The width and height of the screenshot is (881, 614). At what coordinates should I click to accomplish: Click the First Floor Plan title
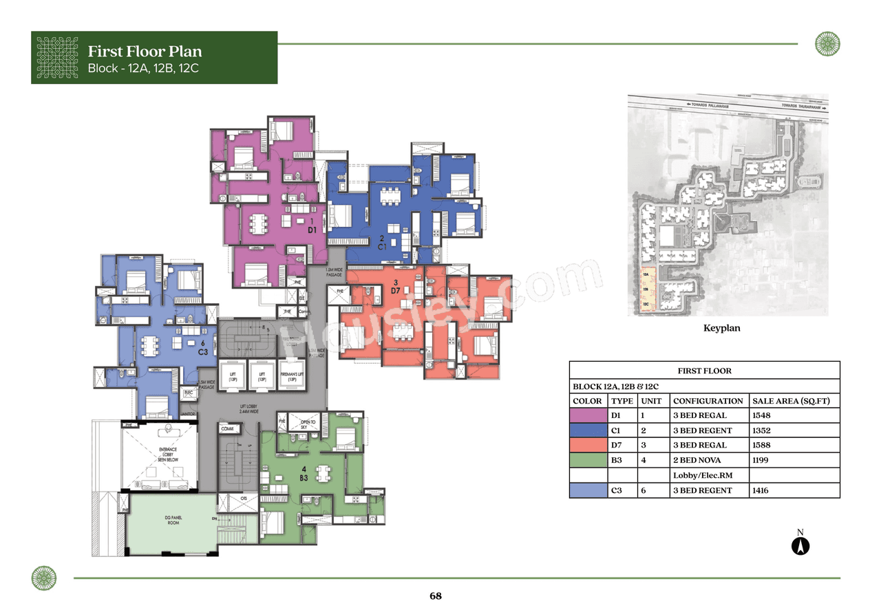pyautogui.click(x=145, y=52)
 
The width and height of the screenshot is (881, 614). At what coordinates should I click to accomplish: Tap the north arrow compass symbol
pyautogui.click(x=800, y=546)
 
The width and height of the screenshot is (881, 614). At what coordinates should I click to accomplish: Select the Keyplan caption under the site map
pyautogui.click(x=721, y=329)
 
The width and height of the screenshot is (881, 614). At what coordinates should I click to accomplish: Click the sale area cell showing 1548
pyautogui.click(x=763, y=415)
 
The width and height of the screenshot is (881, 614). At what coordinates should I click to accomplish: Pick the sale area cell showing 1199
pyautogui.click(x=763, y=461)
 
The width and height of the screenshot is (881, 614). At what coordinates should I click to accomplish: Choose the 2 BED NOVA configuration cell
pyautogui.click(x=697, y=461)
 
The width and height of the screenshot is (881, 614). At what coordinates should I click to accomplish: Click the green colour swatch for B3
pyautogui.click(x=588, y=461)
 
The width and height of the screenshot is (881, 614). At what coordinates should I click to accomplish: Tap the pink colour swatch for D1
pyautogui.click(x=588, y=415)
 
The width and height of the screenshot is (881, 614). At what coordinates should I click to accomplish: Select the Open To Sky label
pyautogui.click(x=304, y=424)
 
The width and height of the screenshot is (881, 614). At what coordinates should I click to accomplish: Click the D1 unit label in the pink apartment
pyautogui.click(x=312, y=230)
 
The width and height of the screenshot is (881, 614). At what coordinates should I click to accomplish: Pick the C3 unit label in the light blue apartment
pyautogui.click(x=203, y=351)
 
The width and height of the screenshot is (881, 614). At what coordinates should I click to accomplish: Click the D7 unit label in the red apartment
pyautogui.click(x=395, y=291)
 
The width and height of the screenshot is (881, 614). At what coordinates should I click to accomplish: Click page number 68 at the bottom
pyautogui.click(x=435, y=596)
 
